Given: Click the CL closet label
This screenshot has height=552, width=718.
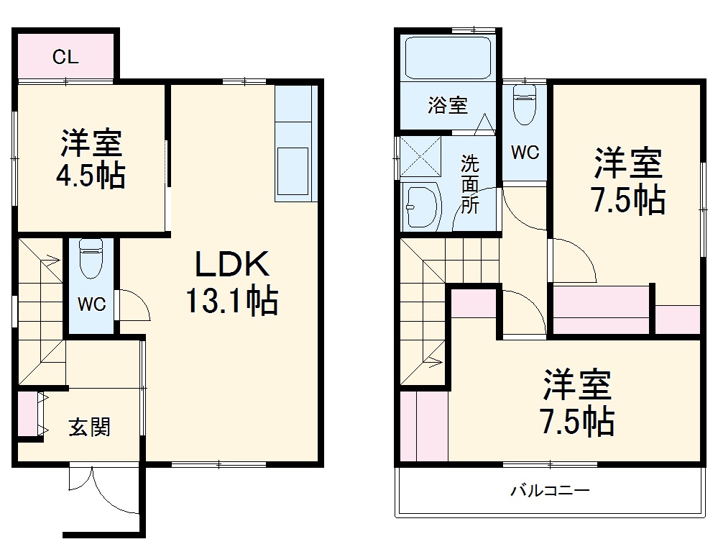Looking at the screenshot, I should click(x=65, y=58).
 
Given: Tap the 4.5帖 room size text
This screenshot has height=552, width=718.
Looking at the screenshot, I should click(x=91, y=176).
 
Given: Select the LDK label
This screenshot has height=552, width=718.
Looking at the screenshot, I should click(x=233, y=266).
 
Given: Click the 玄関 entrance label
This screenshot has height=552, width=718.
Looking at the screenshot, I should click(x=89, y=427).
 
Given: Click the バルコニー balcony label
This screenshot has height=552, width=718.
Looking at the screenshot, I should click(x=550, y=492).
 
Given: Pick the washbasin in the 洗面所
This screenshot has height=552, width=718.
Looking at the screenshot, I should click(x=421, y=207).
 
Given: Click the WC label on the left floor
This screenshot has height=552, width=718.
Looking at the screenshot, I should click(x=92, y=304).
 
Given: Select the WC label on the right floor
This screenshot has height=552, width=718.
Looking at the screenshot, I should click(x=525, y=153).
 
